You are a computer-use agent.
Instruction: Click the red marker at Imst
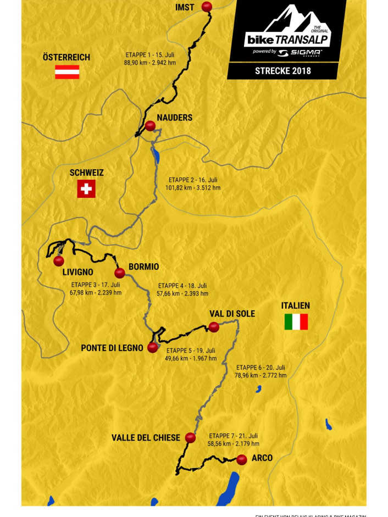[x=207, y=7]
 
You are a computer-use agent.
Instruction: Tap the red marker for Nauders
[x=149, y=125]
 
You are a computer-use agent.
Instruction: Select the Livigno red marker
[x=59, y=261]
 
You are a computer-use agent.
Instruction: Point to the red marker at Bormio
[x=119, y=273]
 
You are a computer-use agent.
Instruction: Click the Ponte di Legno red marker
[x=153, y=347]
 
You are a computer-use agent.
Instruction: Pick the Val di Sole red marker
[x=214, y=327]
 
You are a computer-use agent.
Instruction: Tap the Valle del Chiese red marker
[x=190, y=438]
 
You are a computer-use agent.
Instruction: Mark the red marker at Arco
[x=241, y=460]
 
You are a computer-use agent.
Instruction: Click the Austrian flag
[x=67, y=73]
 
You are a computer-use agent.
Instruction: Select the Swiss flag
[x=86, y=189]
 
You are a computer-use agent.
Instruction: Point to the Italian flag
[x=296, y=322]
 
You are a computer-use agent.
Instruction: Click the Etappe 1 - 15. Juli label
[x=149, y=55]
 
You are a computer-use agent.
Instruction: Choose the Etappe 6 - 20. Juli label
[x=261, y=368]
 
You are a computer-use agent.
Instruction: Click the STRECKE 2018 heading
[x=282, y=70]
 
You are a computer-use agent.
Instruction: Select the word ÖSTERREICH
[x=66, y=58]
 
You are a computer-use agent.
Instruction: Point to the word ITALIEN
[x=295, y=305]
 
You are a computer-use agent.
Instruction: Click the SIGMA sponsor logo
[x=299, y=53]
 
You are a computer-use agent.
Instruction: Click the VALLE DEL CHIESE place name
[x=146, y=438]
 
